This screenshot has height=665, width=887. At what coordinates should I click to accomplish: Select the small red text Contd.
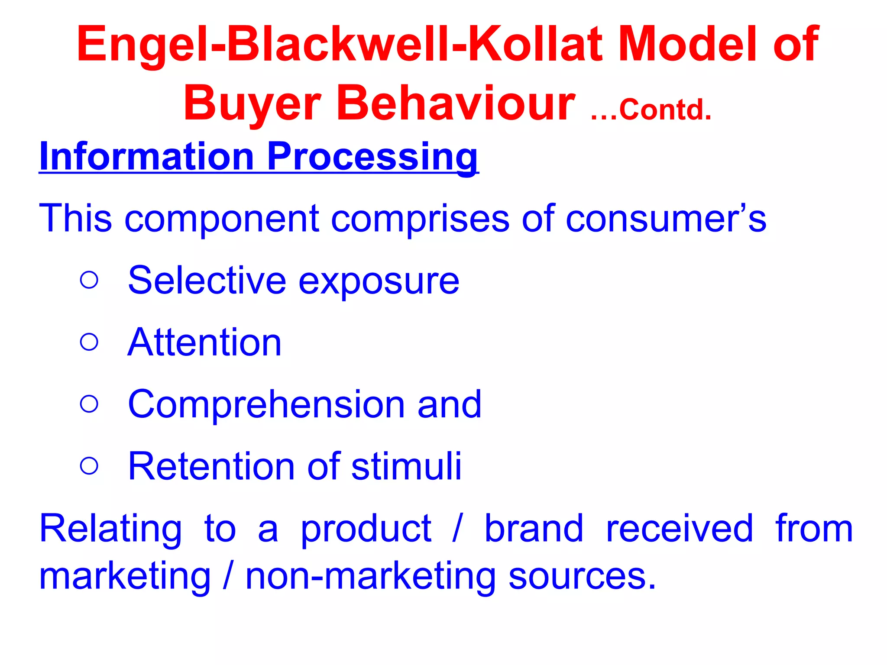665,110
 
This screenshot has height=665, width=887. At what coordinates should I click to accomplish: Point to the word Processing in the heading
373,157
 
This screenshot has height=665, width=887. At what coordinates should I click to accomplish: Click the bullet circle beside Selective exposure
89,280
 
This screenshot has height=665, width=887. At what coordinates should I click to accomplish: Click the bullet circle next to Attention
89,342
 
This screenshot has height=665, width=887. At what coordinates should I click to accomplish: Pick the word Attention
204,342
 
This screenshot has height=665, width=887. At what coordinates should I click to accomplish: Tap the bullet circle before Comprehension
89,404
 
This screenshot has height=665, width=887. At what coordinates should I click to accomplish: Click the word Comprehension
266,405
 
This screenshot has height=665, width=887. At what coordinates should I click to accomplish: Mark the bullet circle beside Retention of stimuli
89,466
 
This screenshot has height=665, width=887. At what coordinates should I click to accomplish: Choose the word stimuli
407,466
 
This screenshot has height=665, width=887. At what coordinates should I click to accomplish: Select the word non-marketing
371,577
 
